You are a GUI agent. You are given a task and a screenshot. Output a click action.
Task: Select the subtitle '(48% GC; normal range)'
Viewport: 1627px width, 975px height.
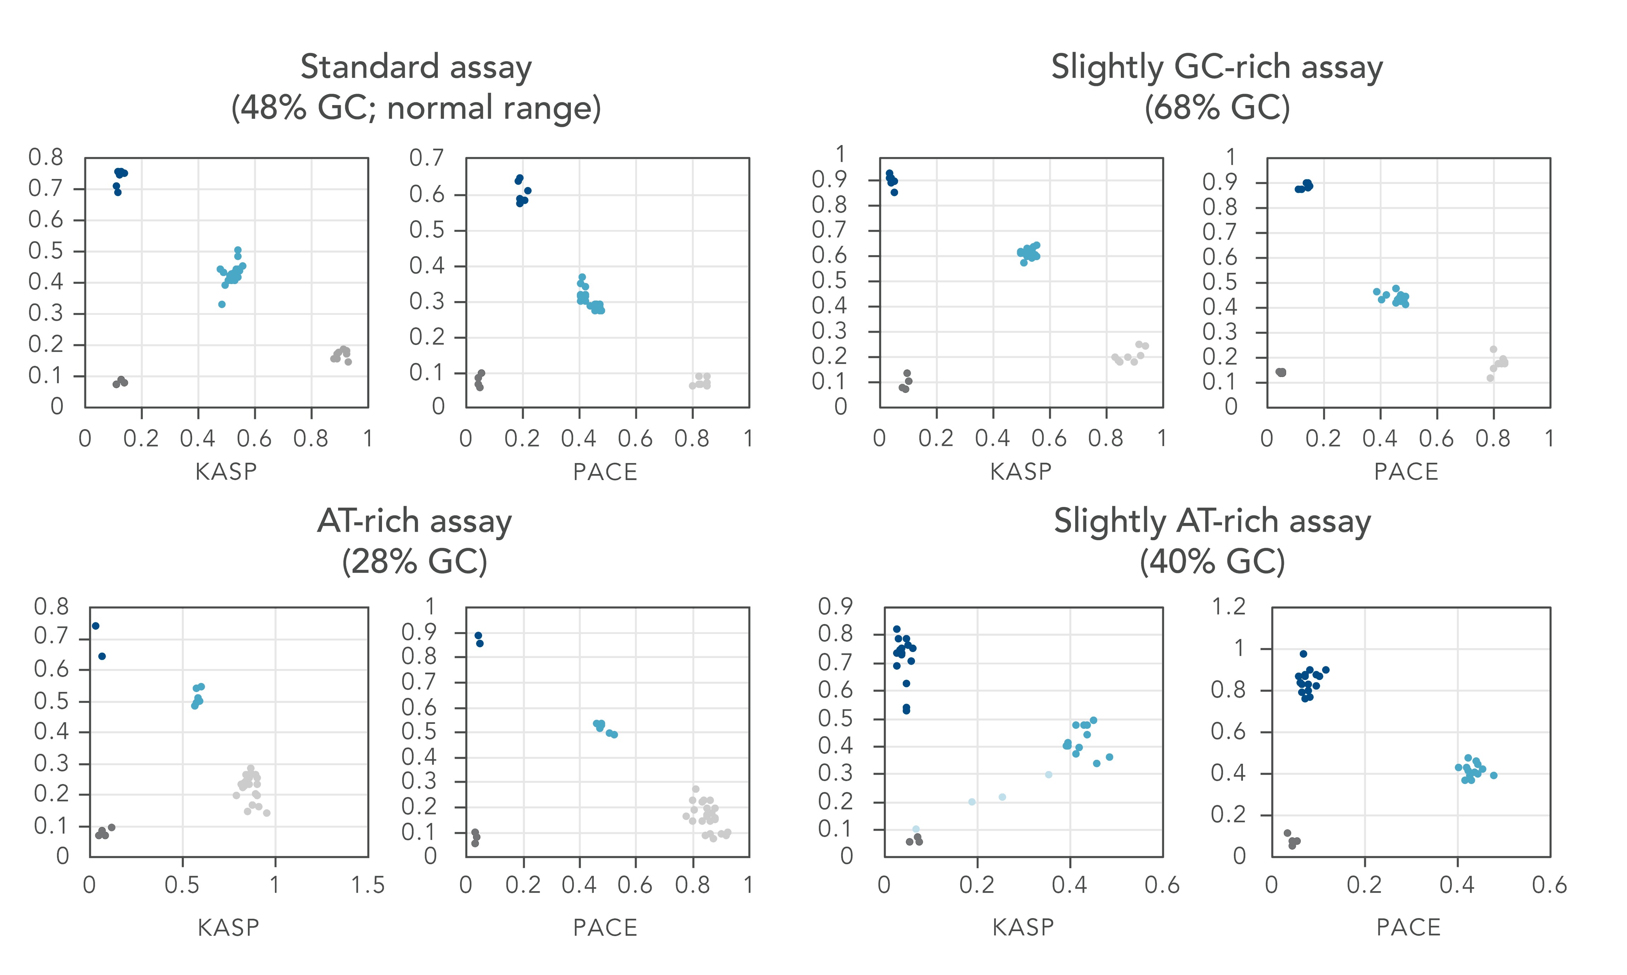[x=416, y=108]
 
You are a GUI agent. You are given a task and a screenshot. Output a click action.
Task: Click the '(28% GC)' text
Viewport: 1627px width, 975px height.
[x=415, y=562]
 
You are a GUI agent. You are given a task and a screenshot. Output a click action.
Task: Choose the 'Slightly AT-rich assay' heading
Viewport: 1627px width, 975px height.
[x=1212, y=522]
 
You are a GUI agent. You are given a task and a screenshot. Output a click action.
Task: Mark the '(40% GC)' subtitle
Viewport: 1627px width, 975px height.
[x=1212, y=562]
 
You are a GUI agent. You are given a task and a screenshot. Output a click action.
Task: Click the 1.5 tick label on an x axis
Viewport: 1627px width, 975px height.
[x=367, y=885]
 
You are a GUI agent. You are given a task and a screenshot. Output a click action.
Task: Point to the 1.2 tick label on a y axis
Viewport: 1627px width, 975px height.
[x=1228, y=606]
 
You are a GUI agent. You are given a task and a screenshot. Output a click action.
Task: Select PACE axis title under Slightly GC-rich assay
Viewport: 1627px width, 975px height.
[x=1406, y=472]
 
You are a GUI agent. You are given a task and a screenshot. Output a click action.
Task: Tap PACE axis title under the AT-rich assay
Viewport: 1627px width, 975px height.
[x=605, y=927]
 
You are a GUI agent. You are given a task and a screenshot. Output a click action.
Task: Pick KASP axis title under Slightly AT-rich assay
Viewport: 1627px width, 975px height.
[x=1023, y=927]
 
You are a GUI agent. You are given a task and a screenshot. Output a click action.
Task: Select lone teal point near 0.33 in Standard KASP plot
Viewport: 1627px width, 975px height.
[x=222, y=304]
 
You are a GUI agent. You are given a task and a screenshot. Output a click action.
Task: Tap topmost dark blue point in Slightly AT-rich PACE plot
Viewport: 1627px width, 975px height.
[x=1303, y=654]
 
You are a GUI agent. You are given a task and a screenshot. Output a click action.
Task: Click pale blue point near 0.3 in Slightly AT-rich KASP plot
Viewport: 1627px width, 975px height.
[x=1048, y=775]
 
